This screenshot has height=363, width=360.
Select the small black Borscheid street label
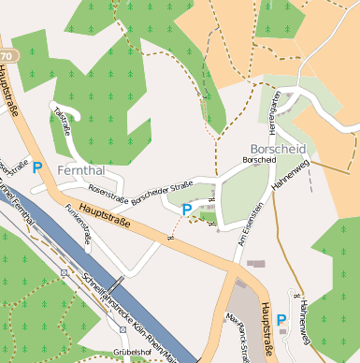point(259,160)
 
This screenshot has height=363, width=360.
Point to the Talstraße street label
point(64,121)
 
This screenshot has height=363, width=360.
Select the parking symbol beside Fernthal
point(37,167)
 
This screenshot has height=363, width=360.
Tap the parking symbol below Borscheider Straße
point(186,210)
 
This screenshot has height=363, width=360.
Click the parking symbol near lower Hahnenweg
point(281,320)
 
